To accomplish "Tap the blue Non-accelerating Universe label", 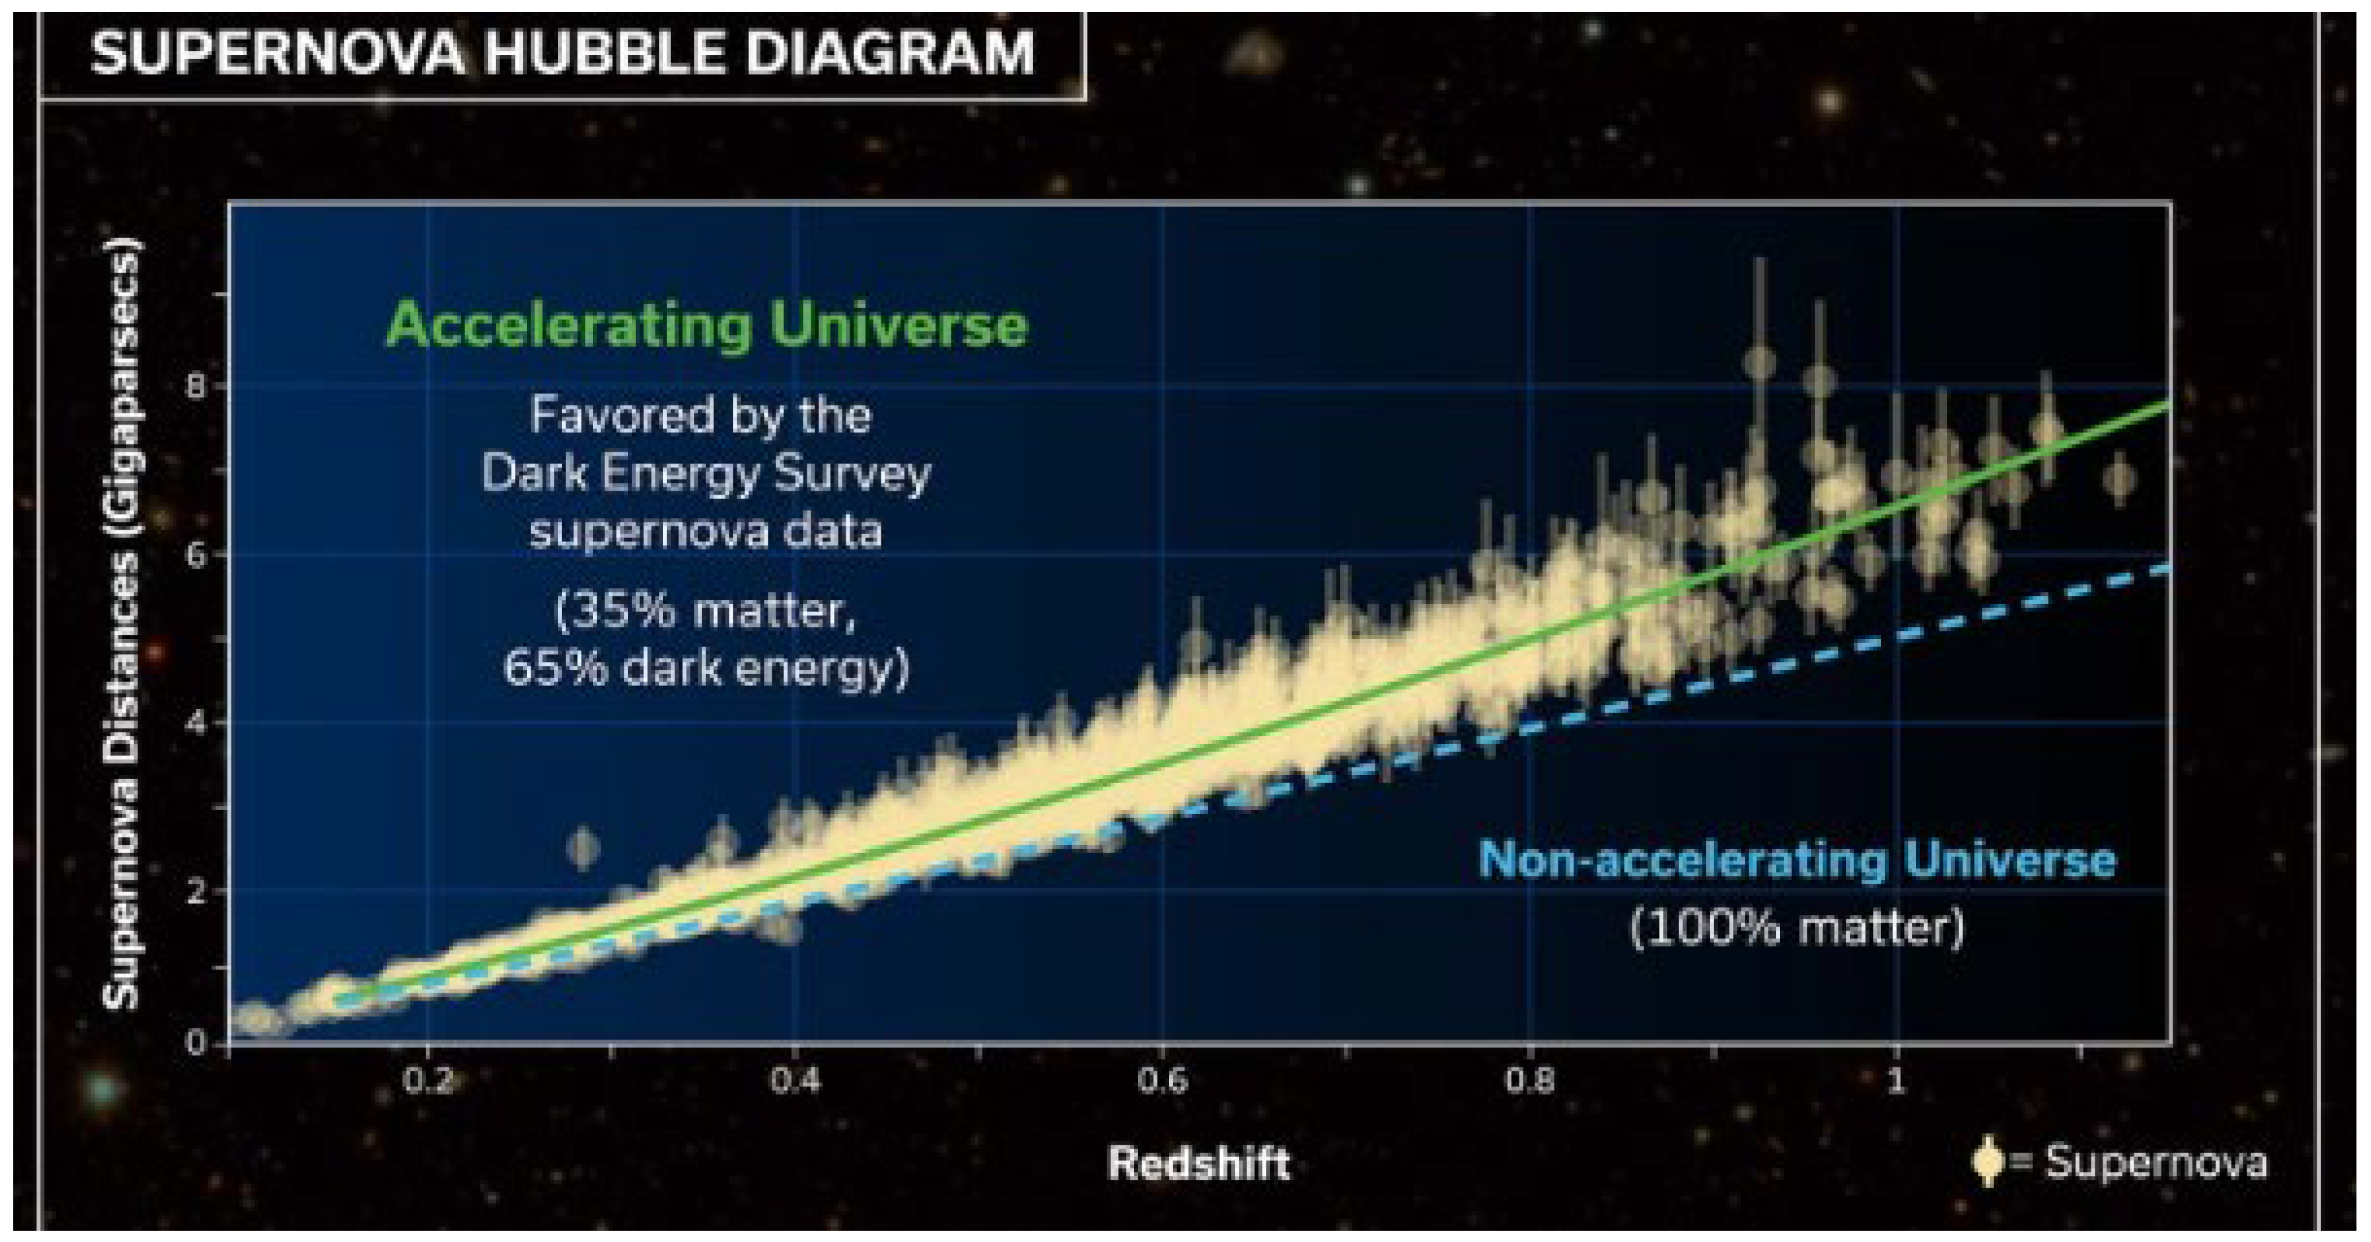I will pos(1796,860).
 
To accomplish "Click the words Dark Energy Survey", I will pos(706,474).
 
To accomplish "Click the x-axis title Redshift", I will pos(1197,1163).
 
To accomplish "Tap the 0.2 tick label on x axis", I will pos(428,1080).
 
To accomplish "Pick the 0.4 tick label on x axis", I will pos(794,1080).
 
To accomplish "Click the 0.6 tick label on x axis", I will pos(1162,1080).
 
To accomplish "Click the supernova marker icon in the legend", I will pos(1988,1163).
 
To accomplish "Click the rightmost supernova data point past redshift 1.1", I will pos(2120,478).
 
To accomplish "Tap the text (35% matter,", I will pos(706,610).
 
